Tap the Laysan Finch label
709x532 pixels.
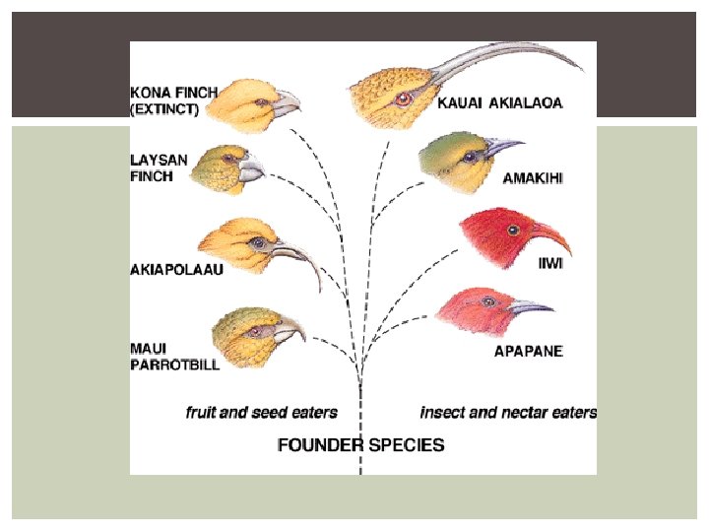point(153,167)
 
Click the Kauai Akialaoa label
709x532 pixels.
point(500,103)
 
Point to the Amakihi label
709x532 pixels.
point(534,178)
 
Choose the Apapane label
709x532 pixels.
point(528,351)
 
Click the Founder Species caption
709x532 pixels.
point(360,444)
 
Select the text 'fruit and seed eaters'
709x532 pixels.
point(262,413)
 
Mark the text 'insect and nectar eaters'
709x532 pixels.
point(508,413)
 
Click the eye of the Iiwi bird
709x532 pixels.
point(513,230)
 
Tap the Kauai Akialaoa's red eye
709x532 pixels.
point(401,99)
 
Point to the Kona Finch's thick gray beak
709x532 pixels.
point(287,100)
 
